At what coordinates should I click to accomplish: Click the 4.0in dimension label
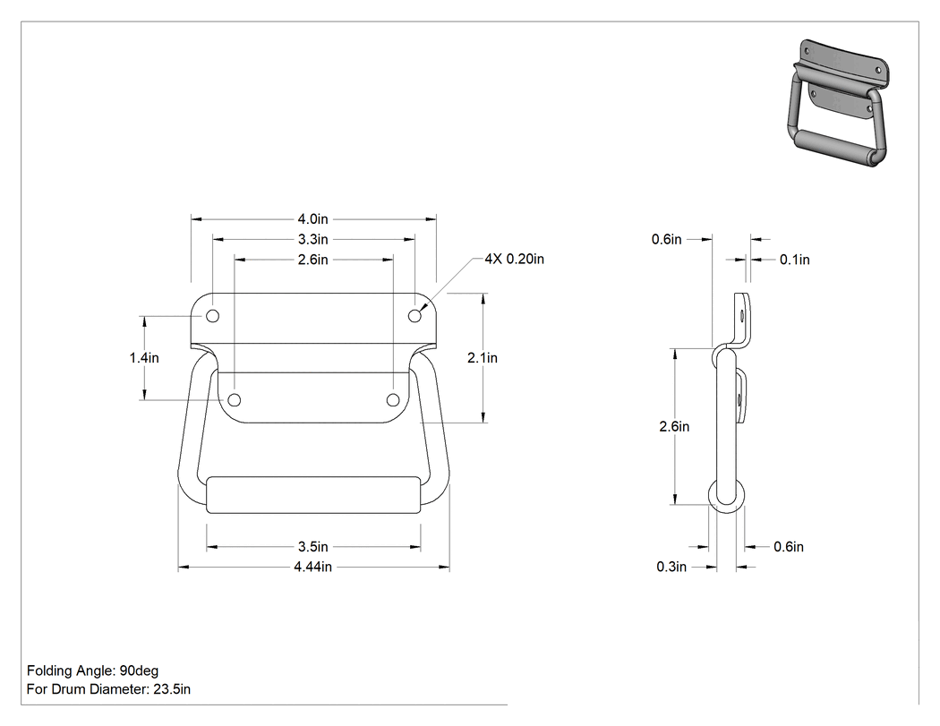313,219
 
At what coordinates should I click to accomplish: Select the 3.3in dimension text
313,239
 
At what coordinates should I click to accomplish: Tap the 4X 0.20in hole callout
515,259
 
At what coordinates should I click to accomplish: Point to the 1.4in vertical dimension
144,358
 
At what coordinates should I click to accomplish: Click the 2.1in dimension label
483,358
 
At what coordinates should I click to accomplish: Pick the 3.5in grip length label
313,547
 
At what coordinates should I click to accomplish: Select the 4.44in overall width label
313,567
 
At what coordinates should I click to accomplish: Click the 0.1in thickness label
794,260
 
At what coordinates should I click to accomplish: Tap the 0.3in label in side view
671,567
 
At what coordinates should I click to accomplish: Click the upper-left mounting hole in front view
213,316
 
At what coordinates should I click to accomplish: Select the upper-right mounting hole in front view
414,316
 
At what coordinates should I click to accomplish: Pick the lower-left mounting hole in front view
235,400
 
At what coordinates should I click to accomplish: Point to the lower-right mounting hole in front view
393,400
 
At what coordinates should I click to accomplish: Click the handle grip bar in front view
313,495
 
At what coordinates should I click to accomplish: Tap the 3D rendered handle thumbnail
835,103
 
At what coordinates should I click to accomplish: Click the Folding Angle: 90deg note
92,670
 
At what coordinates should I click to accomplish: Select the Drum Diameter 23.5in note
108,688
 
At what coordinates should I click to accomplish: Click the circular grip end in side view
728,496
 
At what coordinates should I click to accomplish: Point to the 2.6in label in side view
674,426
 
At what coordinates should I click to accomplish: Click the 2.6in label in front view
313,260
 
